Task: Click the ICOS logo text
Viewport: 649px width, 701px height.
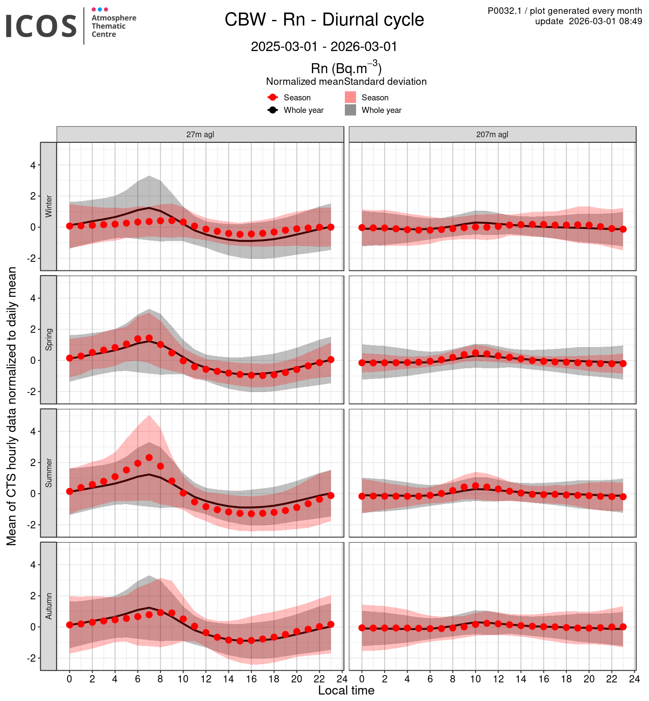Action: pyautogui.click(x=41, y=26)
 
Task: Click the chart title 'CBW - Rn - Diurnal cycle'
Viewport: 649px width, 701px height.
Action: pyautogui.click(x=324, y=20)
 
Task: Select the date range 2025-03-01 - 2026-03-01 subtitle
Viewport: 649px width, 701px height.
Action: pyautogui.click(x=324, y=47)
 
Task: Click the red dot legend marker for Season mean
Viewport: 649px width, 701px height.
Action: pyautogui.click(x=273, y=97)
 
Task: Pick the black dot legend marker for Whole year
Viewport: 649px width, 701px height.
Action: pyautogui.click(x=273, y=110)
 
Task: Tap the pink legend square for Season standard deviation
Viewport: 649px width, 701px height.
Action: pyautogui.click(x=350, y=97)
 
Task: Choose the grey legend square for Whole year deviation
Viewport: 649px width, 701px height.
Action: pyautogui.click(x=350, y=110)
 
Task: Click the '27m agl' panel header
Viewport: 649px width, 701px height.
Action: pyautogui.click(x=200, y=135)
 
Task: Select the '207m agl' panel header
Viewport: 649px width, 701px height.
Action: pyautogui.click(x=492, y=135)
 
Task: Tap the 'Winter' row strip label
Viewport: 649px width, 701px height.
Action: pyautogui.click(x=48, y=206)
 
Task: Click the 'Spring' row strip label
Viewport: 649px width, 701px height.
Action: pyautogui.click(x=48, y=340)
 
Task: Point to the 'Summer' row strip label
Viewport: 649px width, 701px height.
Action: pyautogui.click(x=48, y=473)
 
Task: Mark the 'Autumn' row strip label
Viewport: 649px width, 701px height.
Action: pyautogui.click(x=48, y=606)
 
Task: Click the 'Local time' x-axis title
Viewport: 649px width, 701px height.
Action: pyautogui.click(x=346, y=691)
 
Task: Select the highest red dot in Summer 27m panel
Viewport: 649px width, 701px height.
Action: pyautogui.click(x=149, y=457)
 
